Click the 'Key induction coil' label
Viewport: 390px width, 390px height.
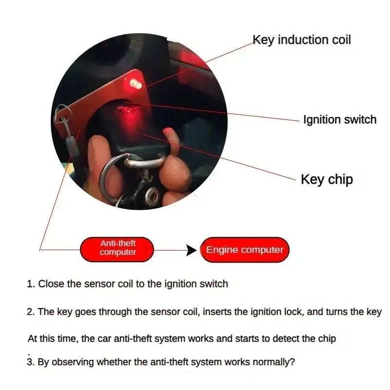pos(301,39)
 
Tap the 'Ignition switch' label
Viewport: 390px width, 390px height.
pos(339,120)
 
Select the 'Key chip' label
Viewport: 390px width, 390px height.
pos(327,179)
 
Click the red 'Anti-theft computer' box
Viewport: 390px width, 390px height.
pos(117,248)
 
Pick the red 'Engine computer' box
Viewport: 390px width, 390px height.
pos(245,250)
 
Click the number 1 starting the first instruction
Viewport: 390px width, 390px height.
pos(30,284)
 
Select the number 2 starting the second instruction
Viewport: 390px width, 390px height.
pos(30,312)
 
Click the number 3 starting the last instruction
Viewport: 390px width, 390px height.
pos(30,362)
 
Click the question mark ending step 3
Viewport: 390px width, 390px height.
pos(292,362)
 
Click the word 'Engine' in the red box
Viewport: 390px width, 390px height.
pos(222,250)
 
